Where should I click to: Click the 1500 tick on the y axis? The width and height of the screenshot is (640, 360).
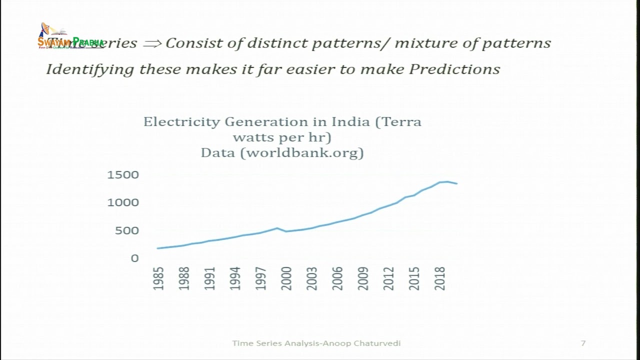[122, 175]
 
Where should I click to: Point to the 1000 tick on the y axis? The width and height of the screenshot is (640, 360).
[122, 202]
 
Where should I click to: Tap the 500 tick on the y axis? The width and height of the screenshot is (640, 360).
[127, 230]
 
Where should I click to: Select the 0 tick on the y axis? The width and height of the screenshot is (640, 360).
[134, 258]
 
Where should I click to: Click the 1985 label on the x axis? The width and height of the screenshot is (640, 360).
[158, 278]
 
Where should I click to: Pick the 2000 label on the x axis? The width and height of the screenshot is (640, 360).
[286, 278]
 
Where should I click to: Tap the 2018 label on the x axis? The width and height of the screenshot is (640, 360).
[439, 278]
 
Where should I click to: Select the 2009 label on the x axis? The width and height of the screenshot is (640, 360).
[363, 278]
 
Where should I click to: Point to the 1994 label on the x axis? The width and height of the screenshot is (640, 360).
[235, 278]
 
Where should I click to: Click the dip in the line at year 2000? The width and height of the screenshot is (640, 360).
[286, 231]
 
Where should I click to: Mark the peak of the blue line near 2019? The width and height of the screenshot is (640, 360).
[447, 181]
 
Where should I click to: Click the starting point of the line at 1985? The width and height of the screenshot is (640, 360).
[158, 248]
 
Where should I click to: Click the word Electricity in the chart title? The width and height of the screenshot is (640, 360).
[181, 122]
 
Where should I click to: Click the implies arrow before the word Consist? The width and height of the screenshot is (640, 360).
[152, 43]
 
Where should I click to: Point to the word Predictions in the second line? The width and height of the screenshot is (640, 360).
[454, 69]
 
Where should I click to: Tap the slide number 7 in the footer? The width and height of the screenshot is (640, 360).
[583, 343]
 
